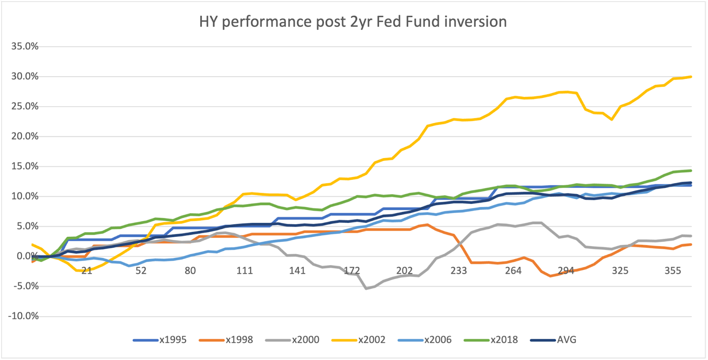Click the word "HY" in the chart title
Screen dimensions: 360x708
point(208,21)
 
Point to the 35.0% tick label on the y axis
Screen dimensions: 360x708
point(25,46)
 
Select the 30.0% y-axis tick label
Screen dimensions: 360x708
point(25,76)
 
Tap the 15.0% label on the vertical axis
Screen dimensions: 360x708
point(25,166)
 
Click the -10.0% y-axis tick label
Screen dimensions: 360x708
point(23,316)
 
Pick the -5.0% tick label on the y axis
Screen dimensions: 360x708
point(25,286)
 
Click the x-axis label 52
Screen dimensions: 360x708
point(141,271)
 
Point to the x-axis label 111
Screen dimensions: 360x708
point(244,271)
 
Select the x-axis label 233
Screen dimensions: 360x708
point(458,271)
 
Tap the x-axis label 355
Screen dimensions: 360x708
point(673,271)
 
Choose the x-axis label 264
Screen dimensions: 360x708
point(513,271)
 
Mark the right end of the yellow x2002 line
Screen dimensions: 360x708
point(691,77)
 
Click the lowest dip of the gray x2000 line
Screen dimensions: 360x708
point(366,289)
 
